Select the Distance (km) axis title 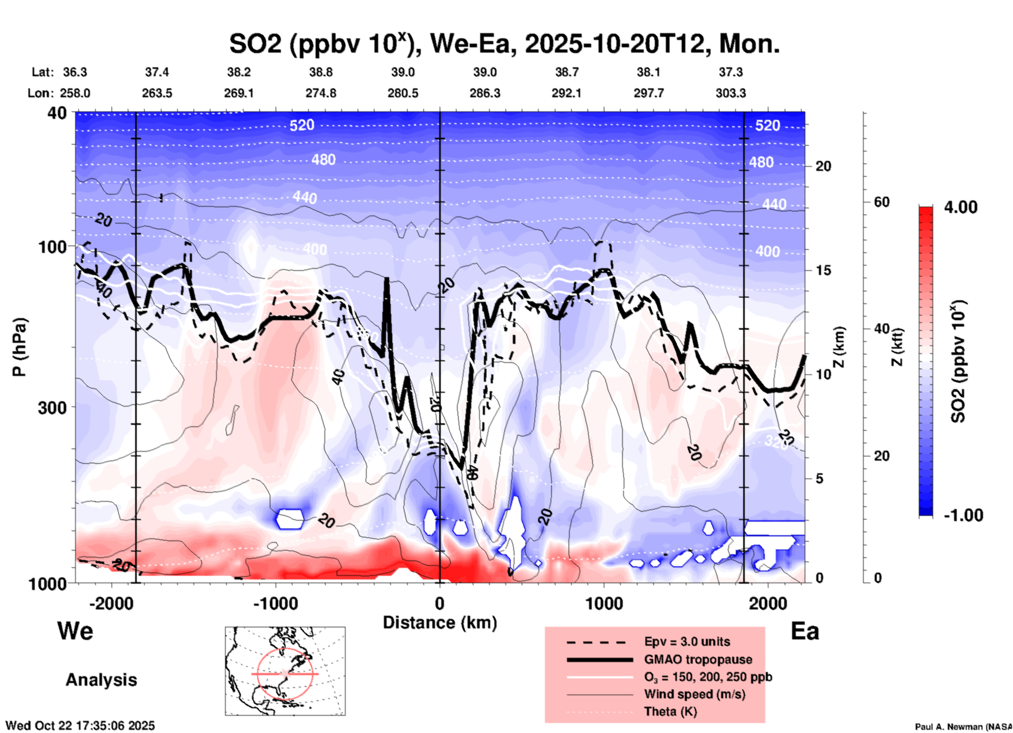[440, 623]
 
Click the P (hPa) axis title [19, 347]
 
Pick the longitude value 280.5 [403, 93]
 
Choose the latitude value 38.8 [321, 72]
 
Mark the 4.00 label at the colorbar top [960, 207]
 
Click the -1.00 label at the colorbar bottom [963, 515]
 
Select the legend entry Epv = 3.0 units [687, 642]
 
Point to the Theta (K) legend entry [670, 711]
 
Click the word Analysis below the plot [101, 680]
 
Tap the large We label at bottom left [75, 630]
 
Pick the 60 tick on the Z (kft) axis [882, 202]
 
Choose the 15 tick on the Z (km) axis [823, 270]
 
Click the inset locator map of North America [285, 670]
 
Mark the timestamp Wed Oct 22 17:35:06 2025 [80, 726]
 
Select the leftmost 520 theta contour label [302, 125]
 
